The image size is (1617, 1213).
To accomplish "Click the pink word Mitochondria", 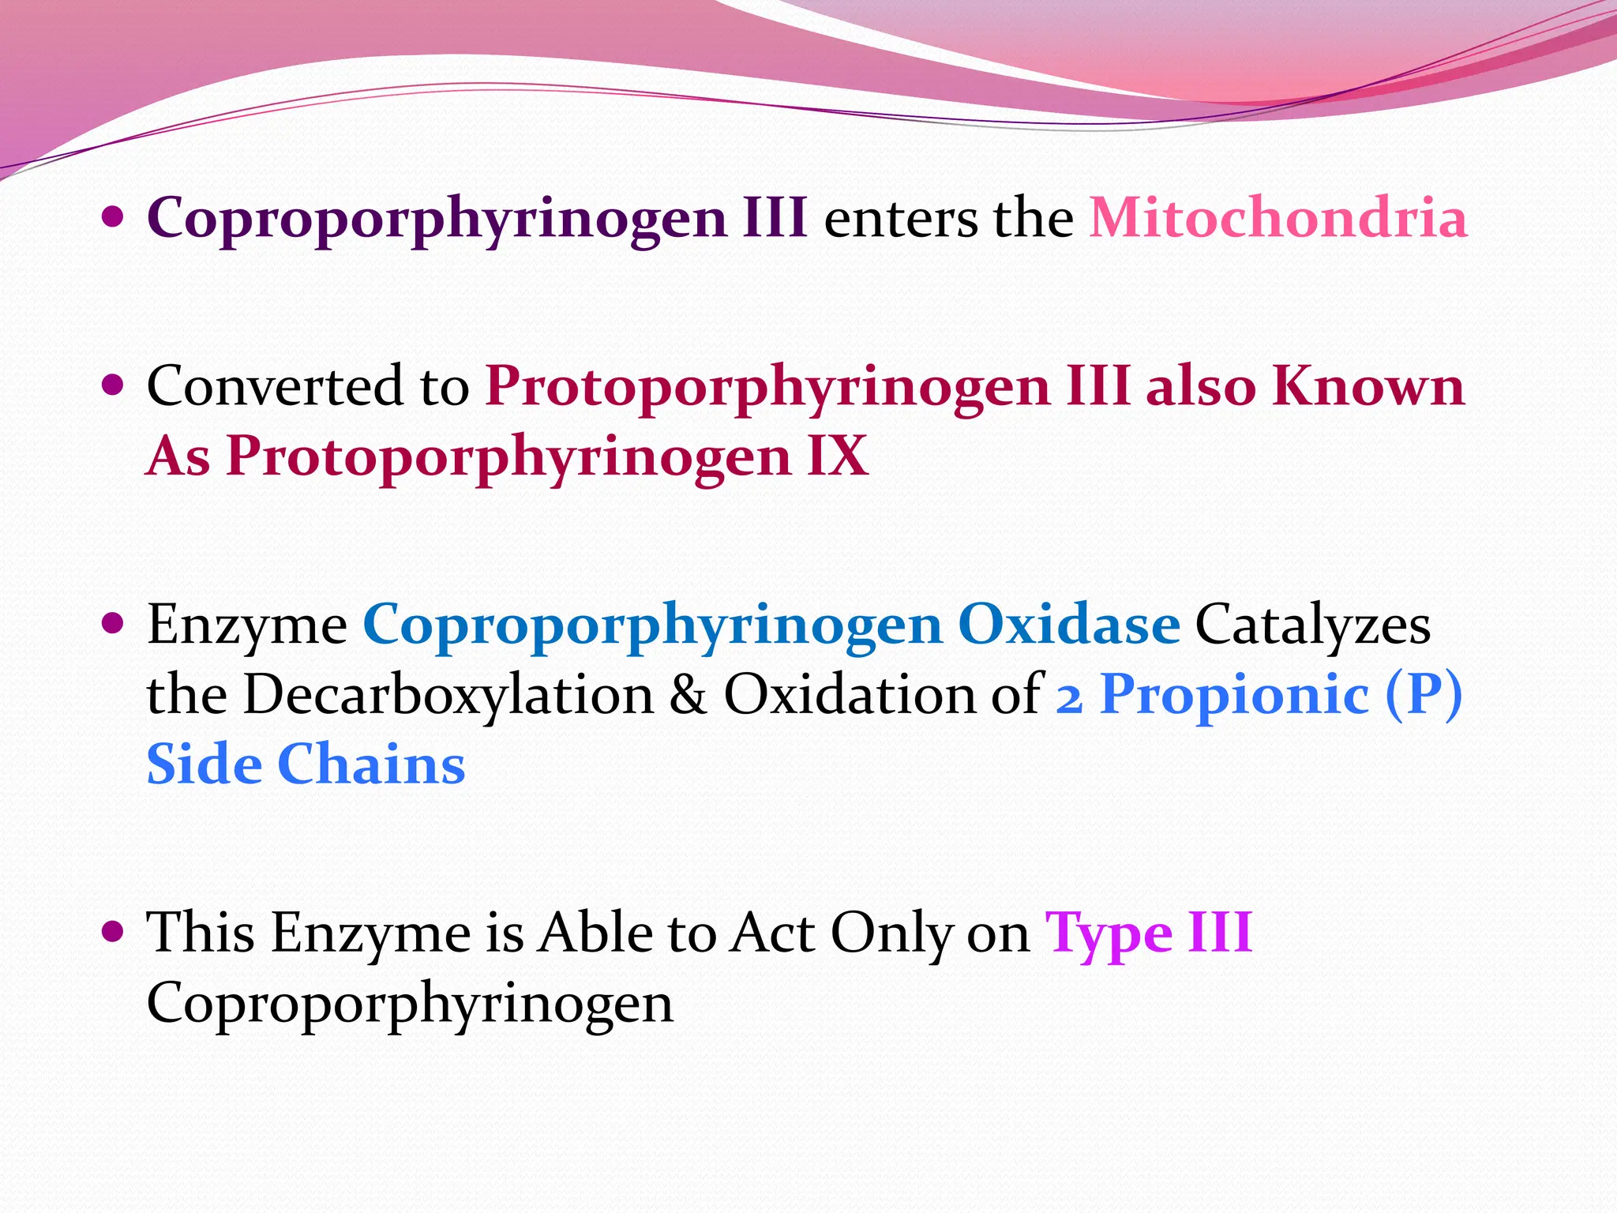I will click(x=1278, y=218).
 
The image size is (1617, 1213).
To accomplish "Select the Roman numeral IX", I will click(x=838, y=456).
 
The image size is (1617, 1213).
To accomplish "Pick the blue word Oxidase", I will click(x=1069, y=625).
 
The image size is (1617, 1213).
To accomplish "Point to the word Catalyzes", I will click(x=1312, y=625).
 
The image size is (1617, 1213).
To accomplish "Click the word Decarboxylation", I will click(x=448, y=695).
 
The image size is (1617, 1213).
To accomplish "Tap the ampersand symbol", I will click(x=688, y=695).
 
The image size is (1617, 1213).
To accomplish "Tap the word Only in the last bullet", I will click(x=891, y=933).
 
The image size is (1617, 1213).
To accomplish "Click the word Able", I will click(x=595, y=933).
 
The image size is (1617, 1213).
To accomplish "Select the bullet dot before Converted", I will click(x=114, y=385).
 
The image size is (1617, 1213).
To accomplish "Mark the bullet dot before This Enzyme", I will click(x=114, y=931).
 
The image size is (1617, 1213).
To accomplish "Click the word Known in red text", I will click(x=1368, y=386).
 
